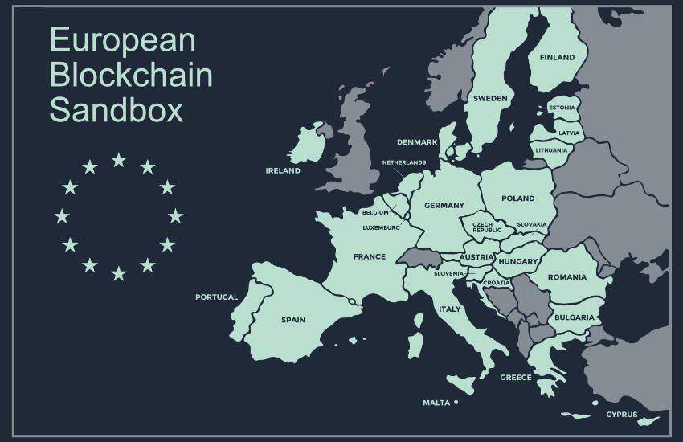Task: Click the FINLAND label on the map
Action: tap(557, 58)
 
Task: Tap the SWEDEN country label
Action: tap(489, 99)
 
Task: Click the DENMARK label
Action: tap(417, 142)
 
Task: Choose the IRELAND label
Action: tap(283, 170)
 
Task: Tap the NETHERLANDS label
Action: tap(404, 162)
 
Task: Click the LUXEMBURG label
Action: tap(381, 227)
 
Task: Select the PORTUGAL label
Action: tap(217, 297)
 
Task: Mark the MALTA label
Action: tap(436, 403)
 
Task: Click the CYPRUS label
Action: tap(621, 415)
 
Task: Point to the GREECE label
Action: tap(516, 377)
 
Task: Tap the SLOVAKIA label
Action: tap(532, 224)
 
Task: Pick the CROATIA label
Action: tap(496, 283)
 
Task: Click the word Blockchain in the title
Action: tap(131, 75)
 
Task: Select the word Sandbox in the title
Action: tap(117, 109)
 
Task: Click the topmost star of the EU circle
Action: tap(119, 160)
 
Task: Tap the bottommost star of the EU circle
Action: tap(119, 273)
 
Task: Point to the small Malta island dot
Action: tap(456, 402)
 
